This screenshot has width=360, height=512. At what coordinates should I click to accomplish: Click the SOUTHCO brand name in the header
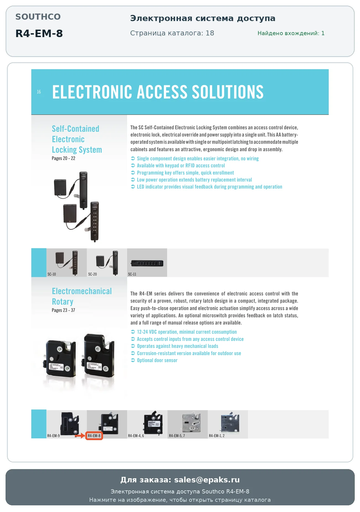(38, 17)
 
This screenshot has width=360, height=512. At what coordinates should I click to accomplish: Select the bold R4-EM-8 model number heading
(39, 33)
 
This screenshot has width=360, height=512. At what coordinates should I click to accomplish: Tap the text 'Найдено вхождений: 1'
(291, 33)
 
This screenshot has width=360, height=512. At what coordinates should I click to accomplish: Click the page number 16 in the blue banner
(39, 92)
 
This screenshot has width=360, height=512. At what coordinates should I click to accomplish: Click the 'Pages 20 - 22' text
(63, 158)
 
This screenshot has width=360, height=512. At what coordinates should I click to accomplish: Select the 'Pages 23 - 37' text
(63, 310)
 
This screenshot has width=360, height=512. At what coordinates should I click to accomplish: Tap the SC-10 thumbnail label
(52, 274)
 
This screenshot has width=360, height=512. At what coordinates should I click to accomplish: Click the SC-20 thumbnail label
(92, 274)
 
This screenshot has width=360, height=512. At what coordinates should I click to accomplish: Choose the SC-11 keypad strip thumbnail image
(147, 263)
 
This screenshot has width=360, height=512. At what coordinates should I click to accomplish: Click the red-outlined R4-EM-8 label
(94, 436)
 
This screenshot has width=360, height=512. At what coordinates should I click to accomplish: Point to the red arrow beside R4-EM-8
(80, 436)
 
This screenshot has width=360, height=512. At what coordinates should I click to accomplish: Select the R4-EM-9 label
(53, 436)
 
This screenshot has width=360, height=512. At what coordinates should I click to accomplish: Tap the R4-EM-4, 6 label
(136, 436)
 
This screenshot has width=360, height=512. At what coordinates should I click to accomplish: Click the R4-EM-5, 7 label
(177, 436)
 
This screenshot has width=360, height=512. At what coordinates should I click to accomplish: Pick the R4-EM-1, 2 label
(217, 436)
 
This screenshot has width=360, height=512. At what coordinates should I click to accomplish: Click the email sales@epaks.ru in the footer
(207, 480)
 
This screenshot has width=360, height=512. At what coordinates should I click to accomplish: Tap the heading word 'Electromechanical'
(82, 291)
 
